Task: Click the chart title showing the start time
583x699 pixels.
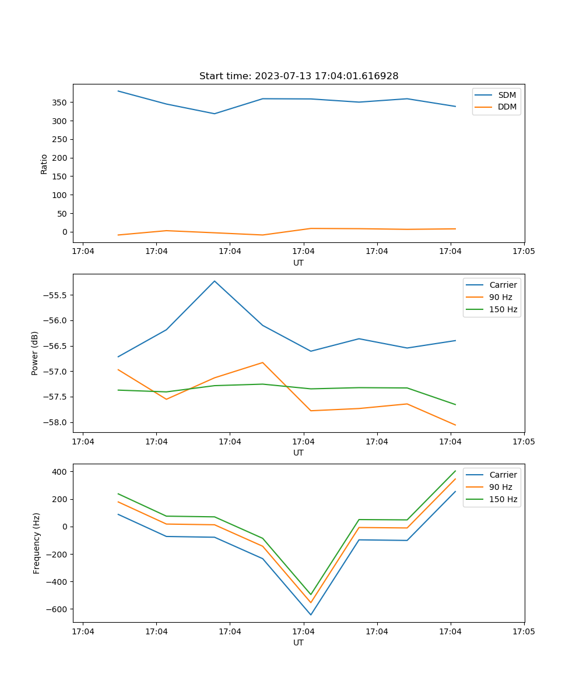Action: pyautogui.click(x=298, y=76)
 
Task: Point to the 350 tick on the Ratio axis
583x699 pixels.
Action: pyautogui.click(x=60, y=103)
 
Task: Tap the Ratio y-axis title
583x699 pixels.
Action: pyautogui.click(x=44, y=164)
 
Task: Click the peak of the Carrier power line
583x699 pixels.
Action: pyautogui.click(x=215, y=281)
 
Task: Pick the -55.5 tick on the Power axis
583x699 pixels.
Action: pyautogui.click(x=56, y=295)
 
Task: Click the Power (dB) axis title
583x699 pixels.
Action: pyautogui.click(x=35, y=353)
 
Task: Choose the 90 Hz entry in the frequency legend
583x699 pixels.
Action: pyautogui.click(x=500, y=487)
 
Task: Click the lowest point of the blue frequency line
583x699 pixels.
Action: pyautogui.click(x=311, y=615)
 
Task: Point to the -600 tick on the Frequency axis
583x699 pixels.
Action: pyautogui.click(x=57, y=609)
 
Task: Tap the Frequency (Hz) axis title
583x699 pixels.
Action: pyautogui.click(x=36, y=543)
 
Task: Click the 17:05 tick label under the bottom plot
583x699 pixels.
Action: pyautogui.click(x=524, y=631)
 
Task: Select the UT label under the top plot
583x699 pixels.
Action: pyautogui.click(x=298, y=263)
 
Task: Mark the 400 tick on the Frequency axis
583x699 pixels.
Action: pyautogui.click(x=61, y=471)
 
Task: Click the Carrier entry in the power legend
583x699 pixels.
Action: pyautogui.click(x=503, y=285)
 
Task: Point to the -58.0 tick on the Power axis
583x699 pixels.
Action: pyautogui.click(x=56, y=422)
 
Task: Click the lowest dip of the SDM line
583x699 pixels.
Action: pyautogui.click(x=215, y=114)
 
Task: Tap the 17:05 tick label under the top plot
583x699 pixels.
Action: pyautogui.click(x=524, y=252)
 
